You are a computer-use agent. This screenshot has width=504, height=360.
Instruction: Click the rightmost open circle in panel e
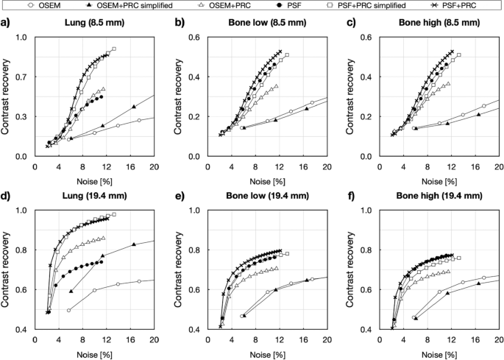pyautogui.click(x=313, y=279)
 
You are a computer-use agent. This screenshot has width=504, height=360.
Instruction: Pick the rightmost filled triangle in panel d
pyautogui.click(x=133, y=244)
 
